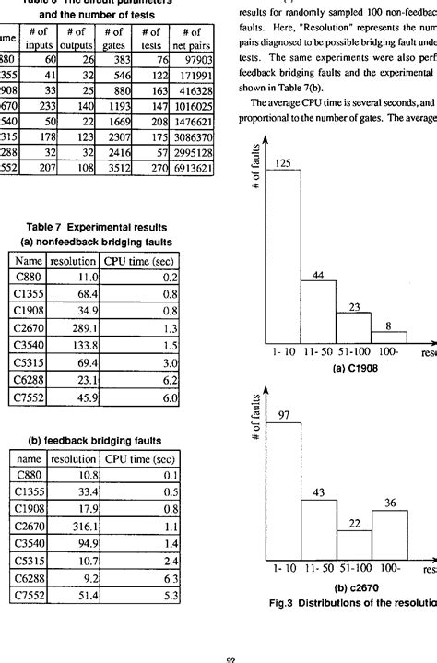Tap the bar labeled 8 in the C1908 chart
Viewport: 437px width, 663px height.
(x=388, y=337)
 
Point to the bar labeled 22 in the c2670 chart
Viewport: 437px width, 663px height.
(x=353, y=543)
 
